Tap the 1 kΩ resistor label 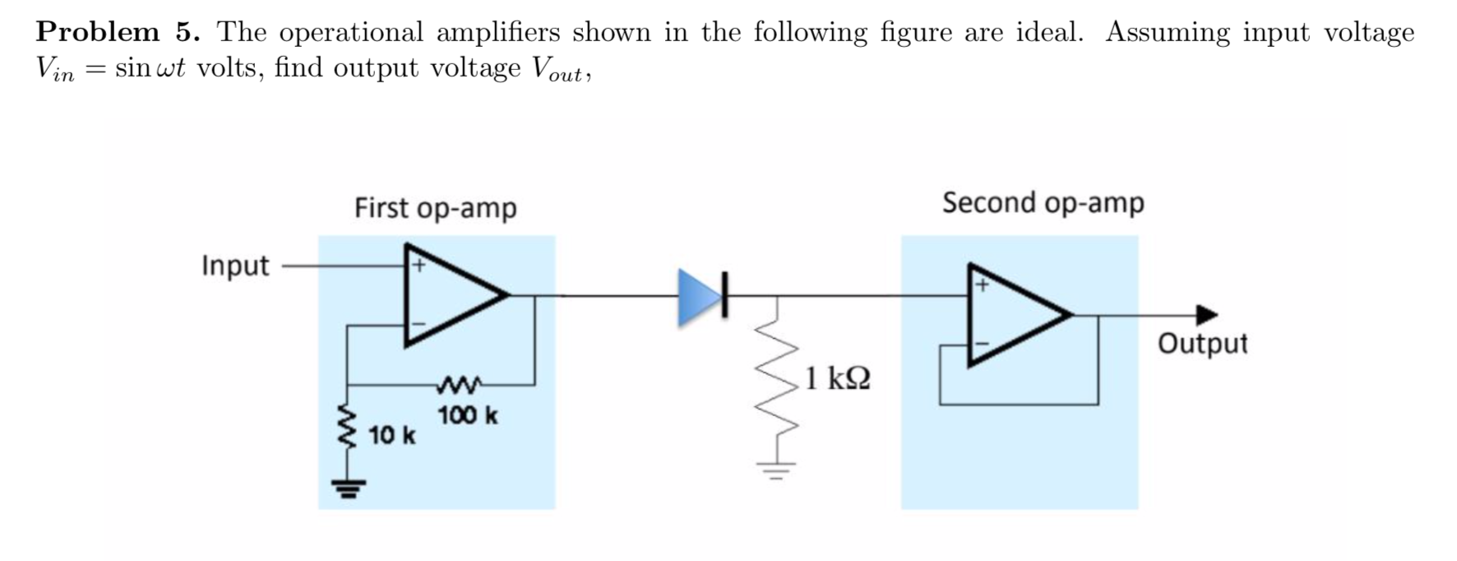point(838,378)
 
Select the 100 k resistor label point(467,415)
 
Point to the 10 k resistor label point(392,434)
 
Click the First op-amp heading point(435,208)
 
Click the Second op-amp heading point(1043,202)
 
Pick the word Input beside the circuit point(235,266)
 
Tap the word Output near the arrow point(1202,343)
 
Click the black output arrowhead point(1206,314)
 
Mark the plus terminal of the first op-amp point(418,266)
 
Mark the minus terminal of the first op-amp point(418,324)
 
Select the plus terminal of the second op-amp point(981,285)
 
